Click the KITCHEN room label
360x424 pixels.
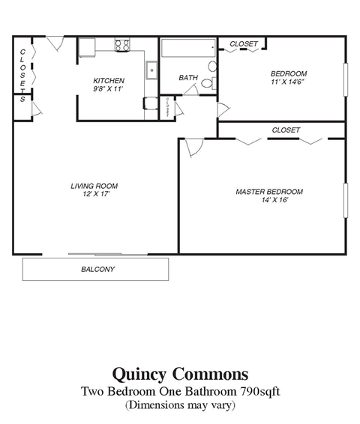(109, 80)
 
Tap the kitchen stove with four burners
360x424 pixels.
(122, 45)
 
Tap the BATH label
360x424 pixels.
(188, 78)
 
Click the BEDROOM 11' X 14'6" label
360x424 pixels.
(289, 79)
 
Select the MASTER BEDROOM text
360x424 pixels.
(269, 192)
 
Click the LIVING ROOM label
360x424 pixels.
(94, 186)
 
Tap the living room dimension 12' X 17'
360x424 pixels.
(94, 195)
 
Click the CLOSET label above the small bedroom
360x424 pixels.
(244, 44)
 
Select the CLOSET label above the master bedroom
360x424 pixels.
(286, 130)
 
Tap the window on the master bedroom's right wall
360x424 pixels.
(346, 198)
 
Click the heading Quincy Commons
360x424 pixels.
(180, 372)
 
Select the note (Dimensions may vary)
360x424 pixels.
(180, 405)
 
